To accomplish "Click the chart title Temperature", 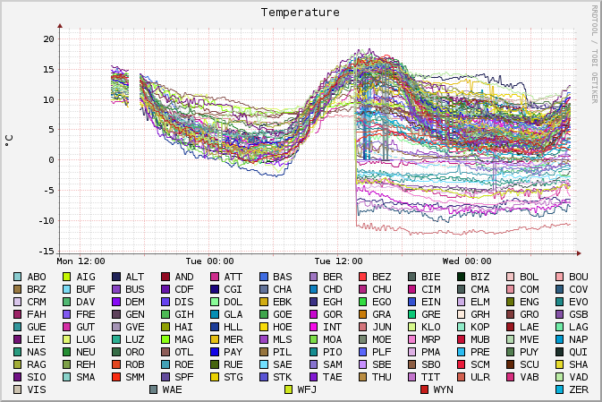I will [x=301, y=13].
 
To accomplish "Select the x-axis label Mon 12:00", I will [x=81, y=261].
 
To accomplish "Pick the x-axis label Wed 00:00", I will [x=465, y=261].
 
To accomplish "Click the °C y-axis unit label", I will [x=10, y=141].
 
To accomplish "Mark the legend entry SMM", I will [x=135, y=378].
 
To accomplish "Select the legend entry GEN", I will [x=135, y=315].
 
